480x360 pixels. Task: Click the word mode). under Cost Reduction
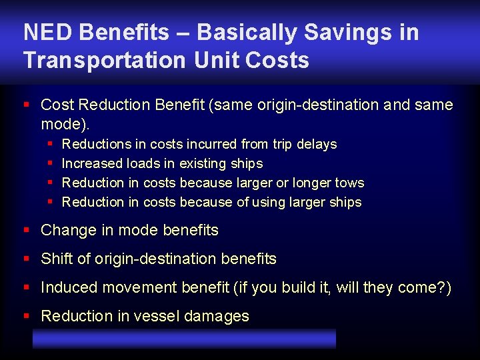click(x=65, y=124)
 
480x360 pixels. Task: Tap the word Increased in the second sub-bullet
click(x=92, y=163)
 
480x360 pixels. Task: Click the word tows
click(x=349, y=183)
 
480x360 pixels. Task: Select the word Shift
click(x=56, y=259)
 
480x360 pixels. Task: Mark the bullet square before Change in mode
click(x=27, y=230)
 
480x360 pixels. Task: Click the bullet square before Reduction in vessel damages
click(x=27, y=316)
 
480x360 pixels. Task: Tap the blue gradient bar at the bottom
click(x=184, y=338)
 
